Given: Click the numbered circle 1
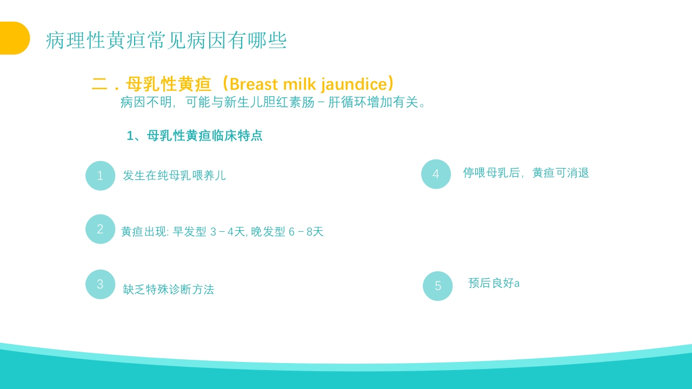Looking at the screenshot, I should (x=100, y=176).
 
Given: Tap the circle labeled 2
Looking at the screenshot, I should (x=100, y=229).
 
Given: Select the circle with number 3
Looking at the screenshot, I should (x=100, y=284).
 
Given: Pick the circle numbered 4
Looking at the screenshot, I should (x=436, y=174).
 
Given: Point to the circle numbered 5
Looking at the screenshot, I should (x=437, y=286).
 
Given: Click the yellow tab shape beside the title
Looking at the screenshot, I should (x=14, y=38).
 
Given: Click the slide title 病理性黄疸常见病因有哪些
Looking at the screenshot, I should (x=166, y=41).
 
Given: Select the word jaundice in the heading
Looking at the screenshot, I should (x=354, y=85).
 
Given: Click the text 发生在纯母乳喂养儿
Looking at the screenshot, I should (x=174, y=176).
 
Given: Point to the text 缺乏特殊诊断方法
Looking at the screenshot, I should (x=168, y=290).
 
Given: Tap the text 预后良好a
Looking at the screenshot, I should (x=494, y=283).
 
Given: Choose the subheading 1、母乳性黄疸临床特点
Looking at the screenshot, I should (x=195, y=136).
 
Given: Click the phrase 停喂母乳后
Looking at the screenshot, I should (x=491, y=173).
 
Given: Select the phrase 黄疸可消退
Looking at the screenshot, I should (x=561, y=173).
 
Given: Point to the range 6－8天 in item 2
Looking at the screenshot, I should (x=305, y=232).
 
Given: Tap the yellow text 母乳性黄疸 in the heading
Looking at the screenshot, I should (x=168, y=84).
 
